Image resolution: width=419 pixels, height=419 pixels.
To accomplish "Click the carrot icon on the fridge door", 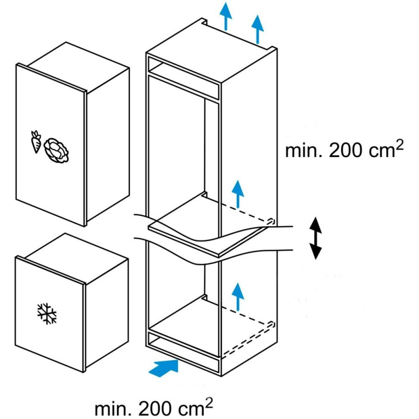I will [36, 142].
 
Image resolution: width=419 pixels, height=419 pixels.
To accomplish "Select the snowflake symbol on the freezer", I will [47, 314].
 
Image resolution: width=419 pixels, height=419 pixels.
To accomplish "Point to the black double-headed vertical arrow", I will [315, 238].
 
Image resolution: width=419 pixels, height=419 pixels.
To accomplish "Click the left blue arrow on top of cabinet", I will [226, 16].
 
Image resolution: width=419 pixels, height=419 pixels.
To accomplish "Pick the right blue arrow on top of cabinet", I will [257, 29].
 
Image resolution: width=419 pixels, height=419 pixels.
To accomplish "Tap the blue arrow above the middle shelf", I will [238, 194].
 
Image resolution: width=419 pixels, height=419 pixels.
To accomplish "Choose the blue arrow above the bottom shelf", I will [238, 296].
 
